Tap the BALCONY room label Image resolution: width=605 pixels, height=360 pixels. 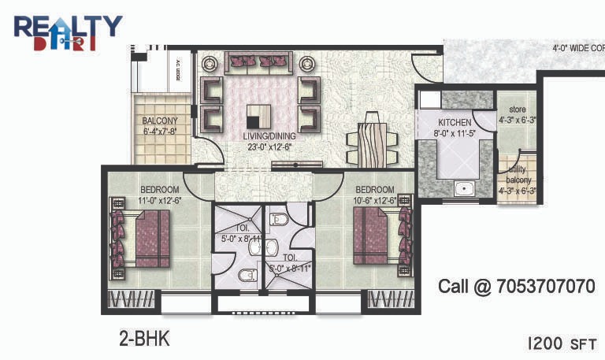160,121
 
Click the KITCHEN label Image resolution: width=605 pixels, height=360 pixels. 455,123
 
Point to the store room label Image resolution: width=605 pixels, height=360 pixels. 517,109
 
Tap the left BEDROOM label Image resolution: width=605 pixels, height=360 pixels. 160,190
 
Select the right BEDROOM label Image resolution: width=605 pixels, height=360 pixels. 374,190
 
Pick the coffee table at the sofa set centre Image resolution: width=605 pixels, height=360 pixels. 259,117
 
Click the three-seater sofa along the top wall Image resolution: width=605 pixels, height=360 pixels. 259,62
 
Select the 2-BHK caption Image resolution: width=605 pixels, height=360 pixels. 144,340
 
